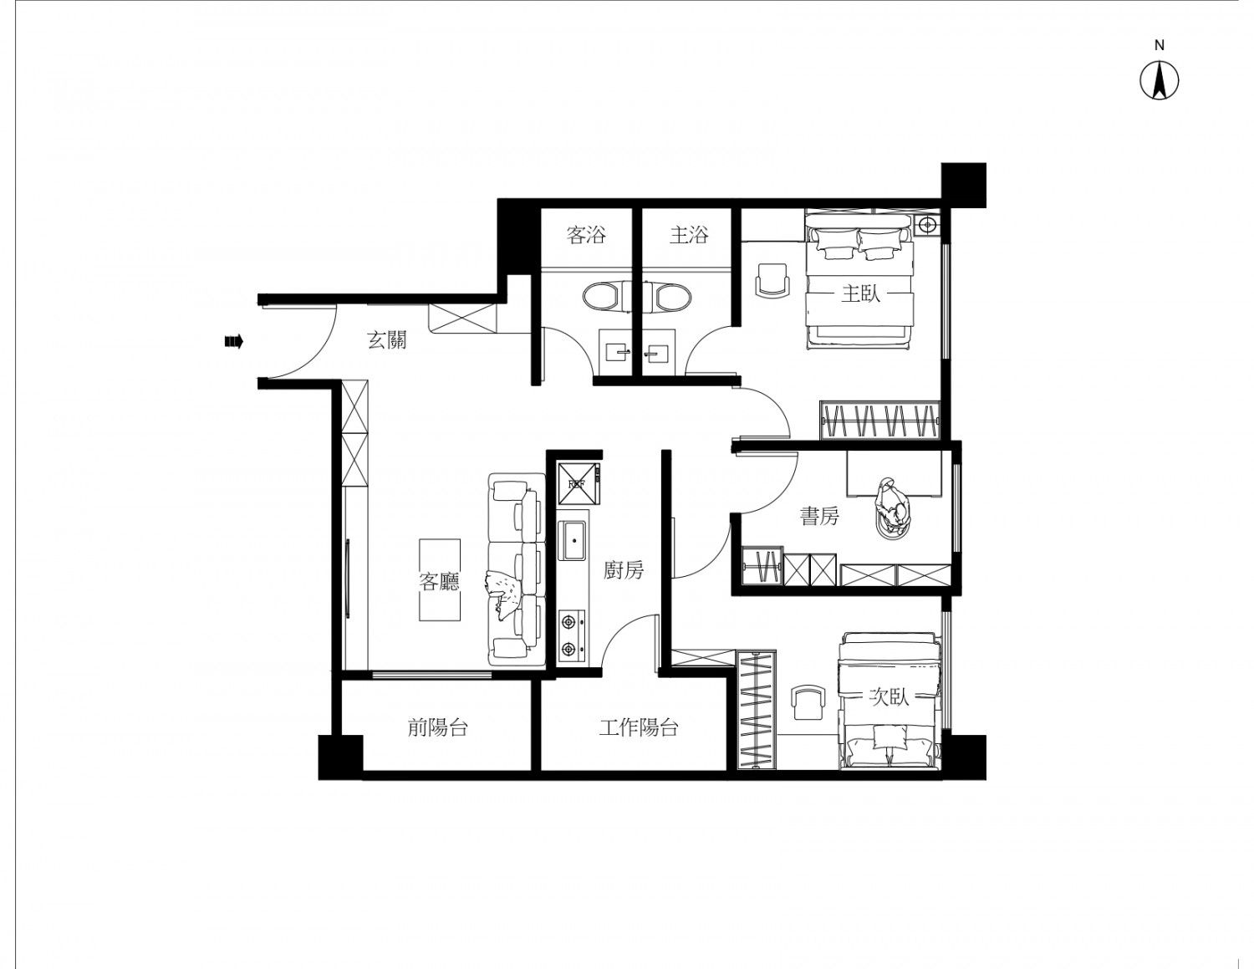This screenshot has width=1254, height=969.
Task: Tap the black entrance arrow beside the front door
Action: [x=234, y=342]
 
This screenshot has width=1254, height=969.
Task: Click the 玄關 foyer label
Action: [x=386, y=339]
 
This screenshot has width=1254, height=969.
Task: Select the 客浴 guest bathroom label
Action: [x=586, y=235]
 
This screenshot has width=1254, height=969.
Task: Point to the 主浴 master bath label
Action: [x=689, y=235]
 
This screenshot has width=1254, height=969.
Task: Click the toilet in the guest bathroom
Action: [x=603, y=296]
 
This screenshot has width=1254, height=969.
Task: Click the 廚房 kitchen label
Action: [x=624, y=570]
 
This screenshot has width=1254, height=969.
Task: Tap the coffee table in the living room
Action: [x=440, y=580]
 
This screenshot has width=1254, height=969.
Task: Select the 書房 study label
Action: [x=819, y=515]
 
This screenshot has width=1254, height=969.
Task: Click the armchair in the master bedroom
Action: [x=772, y=281]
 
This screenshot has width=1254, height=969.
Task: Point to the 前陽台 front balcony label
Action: [x=437, y=727]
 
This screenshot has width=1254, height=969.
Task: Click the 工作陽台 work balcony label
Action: [x=638, y=727]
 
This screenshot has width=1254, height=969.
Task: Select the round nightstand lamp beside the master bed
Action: [x=927, y=224]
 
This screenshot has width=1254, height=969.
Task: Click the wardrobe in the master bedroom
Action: [x=880, y=421]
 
